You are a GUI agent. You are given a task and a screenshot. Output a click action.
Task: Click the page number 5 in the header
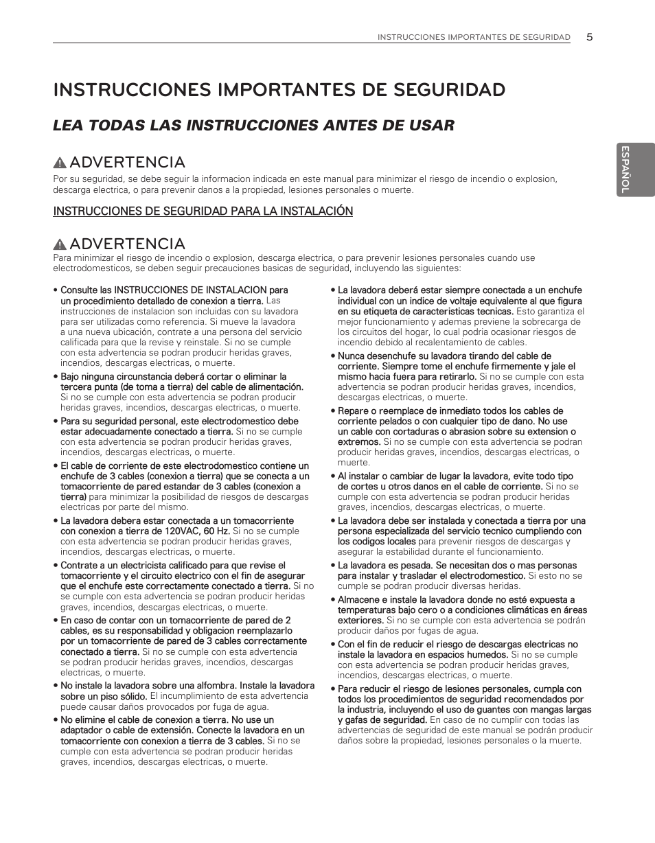click(x=589, y=37)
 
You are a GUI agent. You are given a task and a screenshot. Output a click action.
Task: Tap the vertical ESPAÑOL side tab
click(x=625, y=169)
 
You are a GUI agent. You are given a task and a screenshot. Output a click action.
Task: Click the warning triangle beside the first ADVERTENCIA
click(x=60, y=163)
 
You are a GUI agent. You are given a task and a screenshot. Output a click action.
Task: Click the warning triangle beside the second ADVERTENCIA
click(x=60, y=244)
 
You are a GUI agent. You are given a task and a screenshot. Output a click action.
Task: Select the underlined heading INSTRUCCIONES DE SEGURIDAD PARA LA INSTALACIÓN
click(x=203, y=211)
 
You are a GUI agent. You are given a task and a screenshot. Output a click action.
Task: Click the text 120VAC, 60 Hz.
click(x=197, y=531)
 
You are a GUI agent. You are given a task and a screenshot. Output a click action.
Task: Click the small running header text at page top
click(x=474, y=38)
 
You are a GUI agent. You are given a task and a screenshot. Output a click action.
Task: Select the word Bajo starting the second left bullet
click(x=71, y=377)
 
